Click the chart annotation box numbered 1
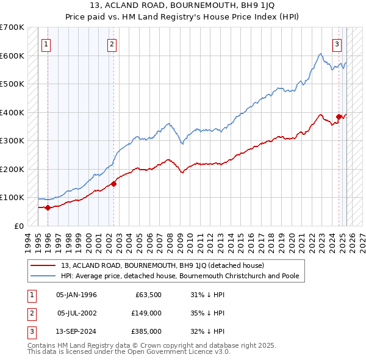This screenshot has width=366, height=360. click(x=46, y=44)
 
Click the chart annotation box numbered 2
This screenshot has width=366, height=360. click(x=112, y=44)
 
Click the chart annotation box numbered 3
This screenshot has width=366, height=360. click(x=337, y=44)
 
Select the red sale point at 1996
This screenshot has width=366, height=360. click(x=48, y=207)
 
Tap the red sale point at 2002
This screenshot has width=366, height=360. click(x=113, y=183)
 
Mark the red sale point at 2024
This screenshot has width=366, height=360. click(x=339, y=117)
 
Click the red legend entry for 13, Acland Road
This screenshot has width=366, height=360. click(x=162, y=265)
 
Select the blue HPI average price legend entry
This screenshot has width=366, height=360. click(x=179, y=276)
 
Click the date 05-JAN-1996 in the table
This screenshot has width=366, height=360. click(x=76, y=295)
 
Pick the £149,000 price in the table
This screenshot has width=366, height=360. click(x=146, y=313)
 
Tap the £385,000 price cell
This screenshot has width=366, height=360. click(x=146, y=331)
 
